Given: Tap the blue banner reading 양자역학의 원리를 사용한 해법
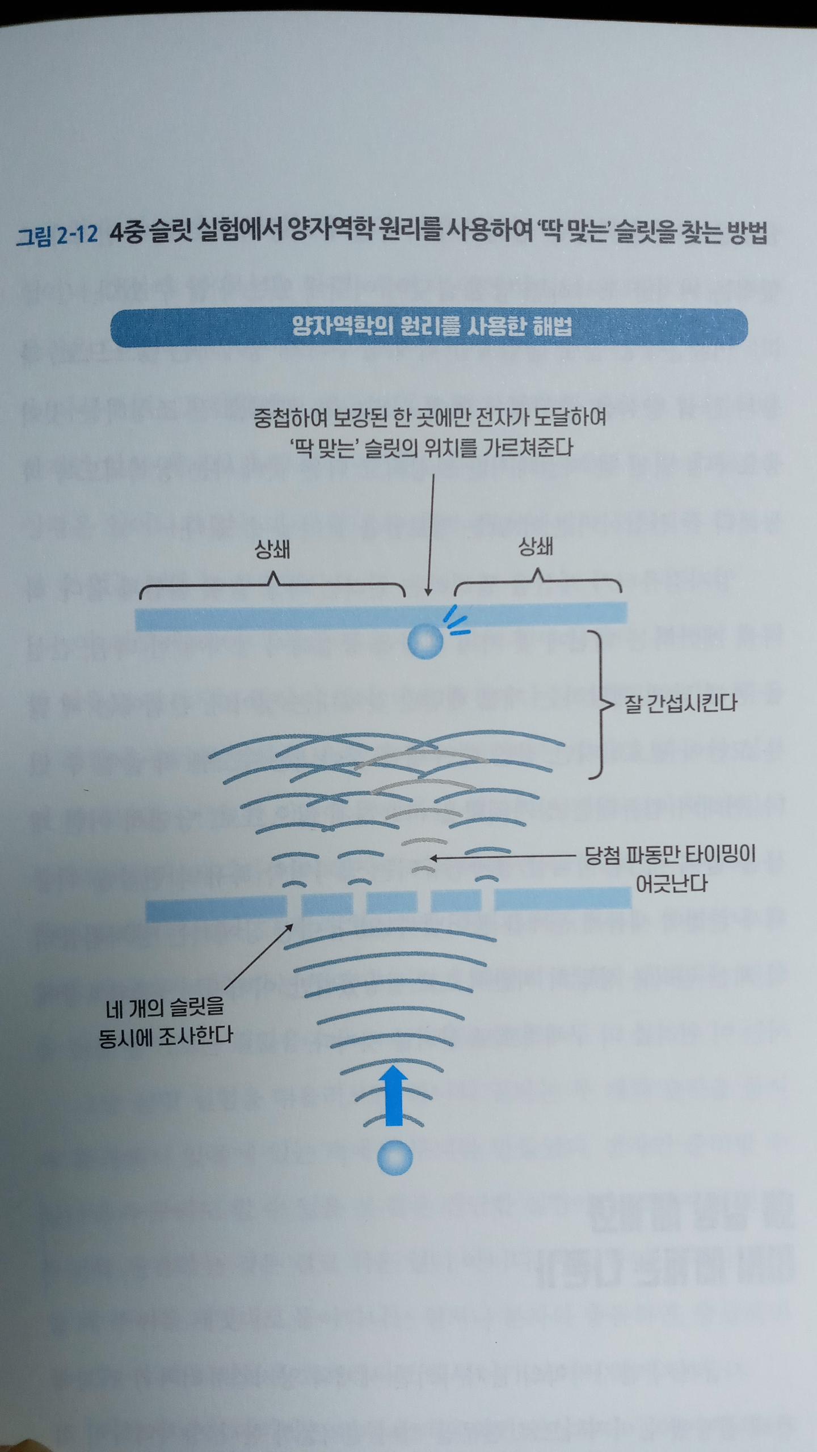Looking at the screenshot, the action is [429, 327].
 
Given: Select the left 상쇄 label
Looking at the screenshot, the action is [272, 550].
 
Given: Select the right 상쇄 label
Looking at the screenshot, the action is [536, 547].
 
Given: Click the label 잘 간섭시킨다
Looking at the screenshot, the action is [680, 703].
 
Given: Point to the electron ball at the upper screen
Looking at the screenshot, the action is [425, 641].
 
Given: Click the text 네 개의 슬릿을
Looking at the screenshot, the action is [165, 1007].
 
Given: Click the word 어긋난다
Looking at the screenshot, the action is [671, 884].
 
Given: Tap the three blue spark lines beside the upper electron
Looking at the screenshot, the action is [456, 621].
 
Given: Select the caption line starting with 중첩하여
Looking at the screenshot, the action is [429, 418].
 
